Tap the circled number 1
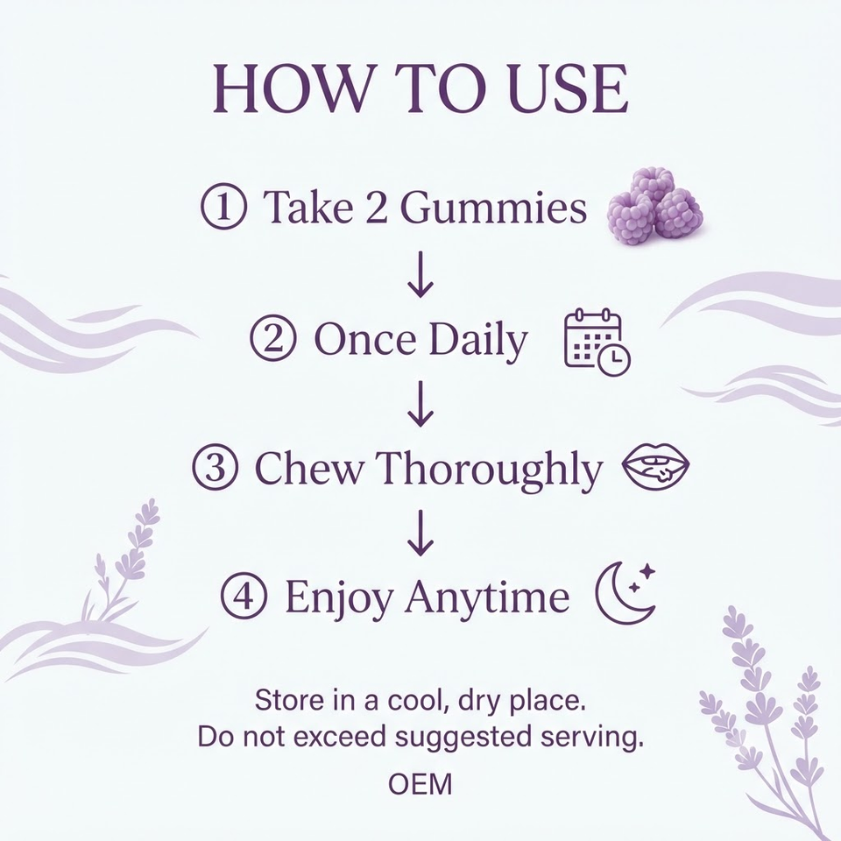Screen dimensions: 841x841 pos(224,207)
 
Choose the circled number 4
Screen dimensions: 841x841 pos(244,596)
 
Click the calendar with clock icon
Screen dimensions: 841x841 pos(597,343)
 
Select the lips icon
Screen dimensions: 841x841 pos(655,466)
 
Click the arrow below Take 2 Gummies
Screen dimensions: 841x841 pos(420,273)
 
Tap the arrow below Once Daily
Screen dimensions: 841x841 pos(420,403)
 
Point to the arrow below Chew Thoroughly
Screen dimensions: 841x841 pos(420,533)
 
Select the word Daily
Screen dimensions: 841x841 pos(478,341)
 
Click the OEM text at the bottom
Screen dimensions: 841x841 pos(420,784)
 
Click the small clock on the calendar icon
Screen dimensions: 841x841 pos(614,359)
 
